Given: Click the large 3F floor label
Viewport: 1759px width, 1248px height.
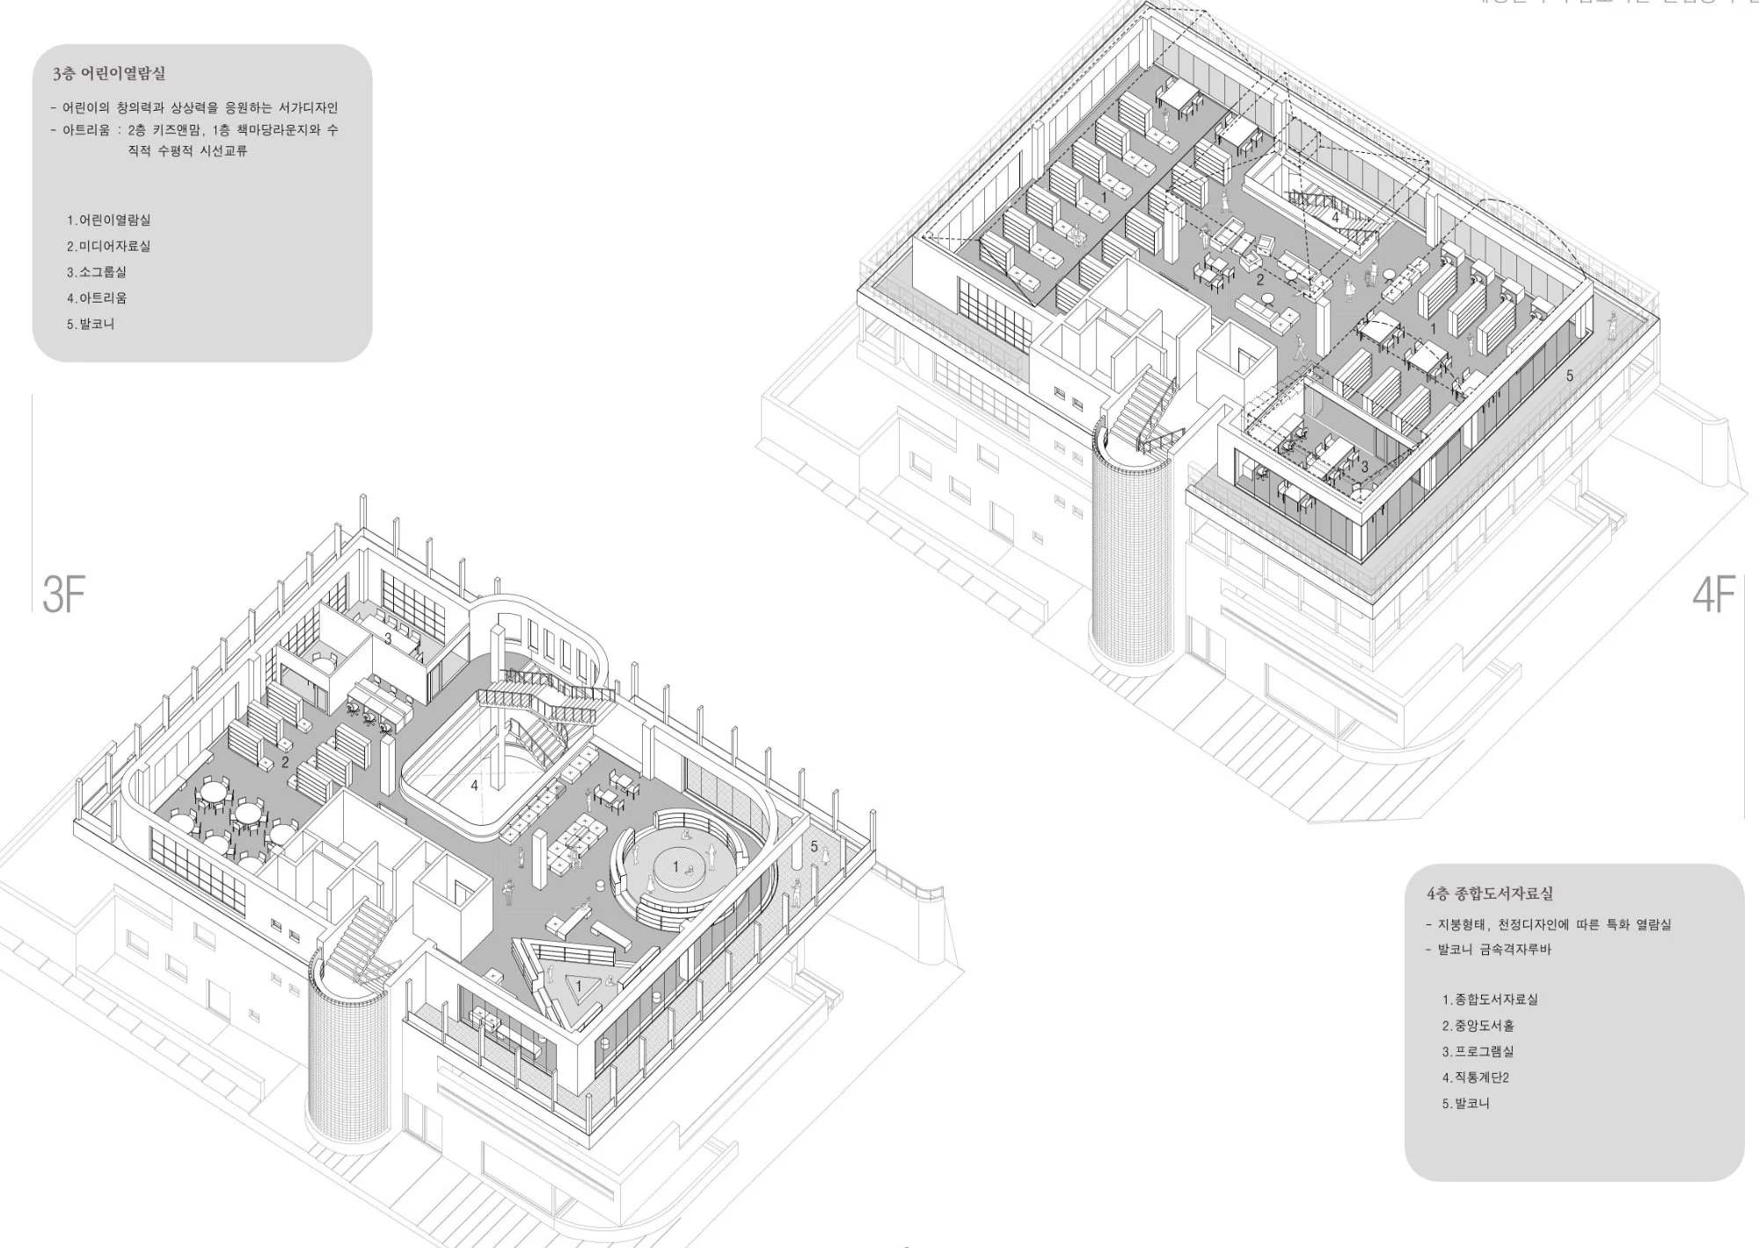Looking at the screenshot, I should coord(64,595).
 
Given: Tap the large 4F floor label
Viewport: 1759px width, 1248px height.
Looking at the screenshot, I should coord(1713,595).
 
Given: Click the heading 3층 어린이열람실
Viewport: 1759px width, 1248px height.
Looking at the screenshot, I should coord(108,74).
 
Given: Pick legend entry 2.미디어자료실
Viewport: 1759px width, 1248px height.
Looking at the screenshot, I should coord(108,246).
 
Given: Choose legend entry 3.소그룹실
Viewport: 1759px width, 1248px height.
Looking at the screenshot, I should coord(97,272).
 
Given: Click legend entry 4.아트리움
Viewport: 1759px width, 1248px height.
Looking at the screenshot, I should coord(97,298).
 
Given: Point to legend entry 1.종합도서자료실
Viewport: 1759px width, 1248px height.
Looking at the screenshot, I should coord(1490,1000).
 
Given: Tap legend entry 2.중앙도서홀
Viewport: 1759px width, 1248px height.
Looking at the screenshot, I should coord(1478,1025).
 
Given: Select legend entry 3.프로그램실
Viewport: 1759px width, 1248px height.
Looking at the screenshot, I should coord(1478,1052).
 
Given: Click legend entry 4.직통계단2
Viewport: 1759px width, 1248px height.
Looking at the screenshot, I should coord(1475,1077).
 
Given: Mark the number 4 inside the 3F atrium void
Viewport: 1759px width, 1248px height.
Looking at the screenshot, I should coord(474,785).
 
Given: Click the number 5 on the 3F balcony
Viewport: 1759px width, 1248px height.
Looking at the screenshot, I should coord(814,847).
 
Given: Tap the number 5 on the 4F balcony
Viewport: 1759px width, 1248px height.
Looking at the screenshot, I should coord(1569,376).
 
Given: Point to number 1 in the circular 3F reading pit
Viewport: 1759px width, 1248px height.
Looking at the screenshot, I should coord(675,867).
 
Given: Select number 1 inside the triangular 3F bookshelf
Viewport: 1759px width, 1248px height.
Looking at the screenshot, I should coord(579,987).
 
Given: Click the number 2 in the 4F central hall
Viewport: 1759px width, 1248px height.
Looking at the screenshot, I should coord(1259,281).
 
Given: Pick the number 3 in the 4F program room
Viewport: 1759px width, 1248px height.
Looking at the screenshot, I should coord(1365,468).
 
